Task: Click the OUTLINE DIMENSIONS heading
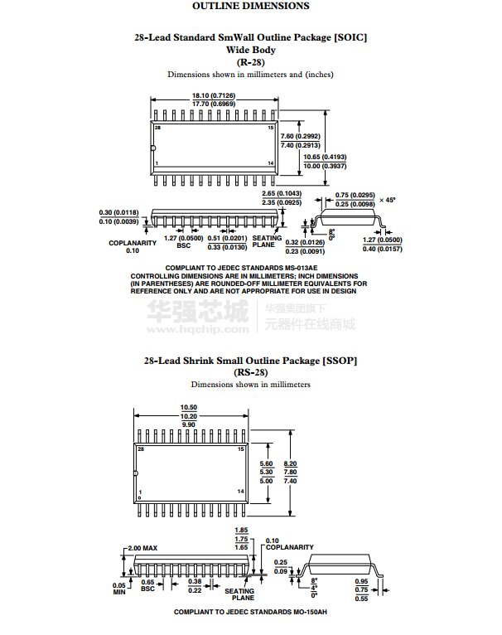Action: [250, 7]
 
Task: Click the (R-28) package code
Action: [250, 62]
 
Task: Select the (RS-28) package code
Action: [250, 372]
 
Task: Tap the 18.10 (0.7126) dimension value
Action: [214, 96]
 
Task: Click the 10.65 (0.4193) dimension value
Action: [325, 157]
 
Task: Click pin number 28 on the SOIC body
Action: [157, 128]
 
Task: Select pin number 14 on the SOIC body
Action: [270, 164]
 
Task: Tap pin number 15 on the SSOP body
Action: [241, 448]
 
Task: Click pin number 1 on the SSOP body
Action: [141, 492]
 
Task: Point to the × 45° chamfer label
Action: [388, 200]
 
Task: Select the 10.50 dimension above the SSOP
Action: [189, 407]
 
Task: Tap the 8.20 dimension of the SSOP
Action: [290, 463]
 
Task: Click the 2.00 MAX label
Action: [142, 548]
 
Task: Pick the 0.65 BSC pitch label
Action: [147, 585]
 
